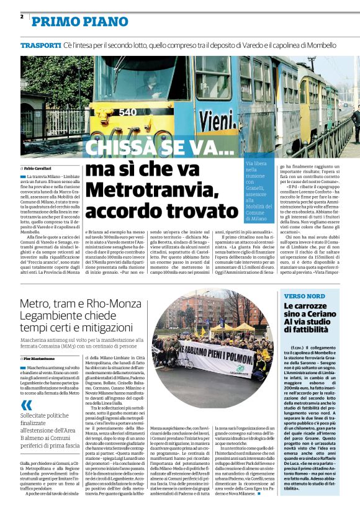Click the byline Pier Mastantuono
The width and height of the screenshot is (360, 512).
[x=43, y=359]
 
